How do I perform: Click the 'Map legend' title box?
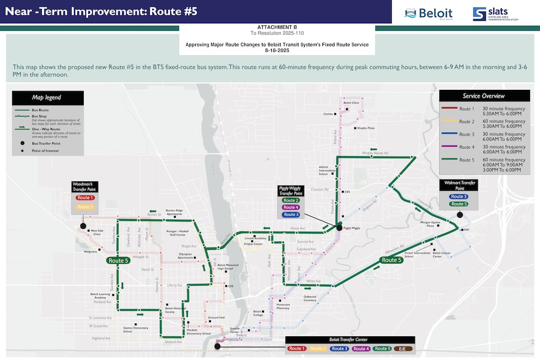click(47, 98)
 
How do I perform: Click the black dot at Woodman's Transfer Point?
click(83, 226)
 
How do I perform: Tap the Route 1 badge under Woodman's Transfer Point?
click(85, 197)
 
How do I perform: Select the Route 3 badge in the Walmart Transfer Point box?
click(458, 196)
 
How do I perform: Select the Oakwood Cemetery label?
click(310, 299)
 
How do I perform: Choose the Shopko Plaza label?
click(366, 128)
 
